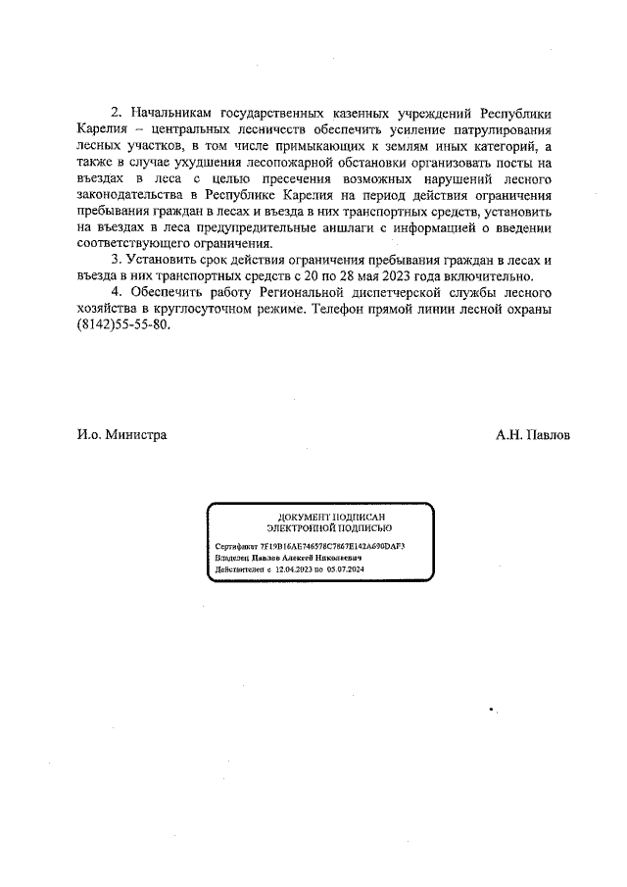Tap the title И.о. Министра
tap(121, 435)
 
